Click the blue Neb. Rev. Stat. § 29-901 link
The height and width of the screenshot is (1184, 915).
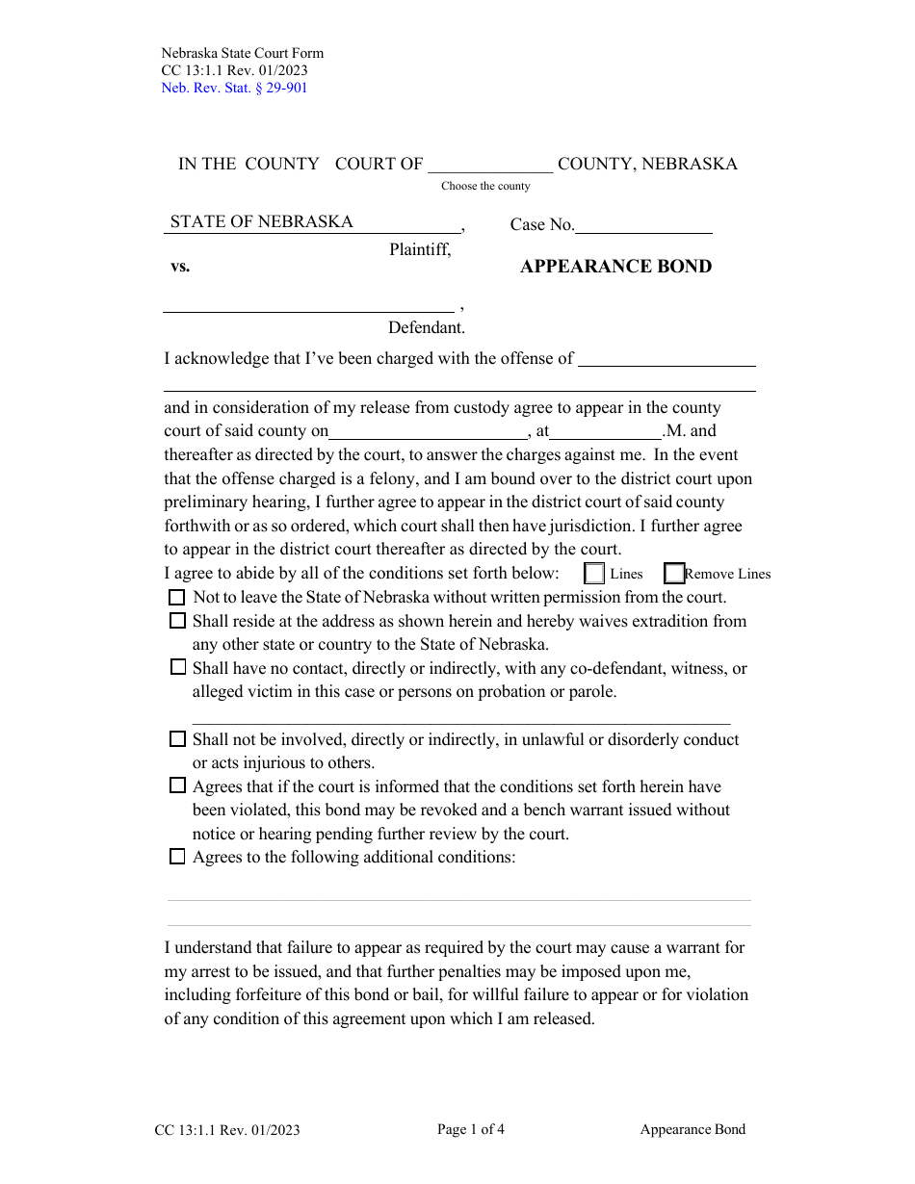point(234,89)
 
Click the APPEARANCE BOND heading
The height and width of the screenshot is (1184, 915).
point(615,267)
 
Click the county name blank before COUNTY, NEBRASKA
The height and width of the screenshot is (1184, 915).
point(491,164)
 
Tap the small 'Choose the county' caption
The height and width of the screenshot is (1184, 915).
point(485,186)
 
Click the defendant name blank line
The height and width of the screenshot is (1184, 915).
point(308,304)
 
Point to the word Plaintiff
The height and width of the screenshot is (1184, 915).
point(420,249)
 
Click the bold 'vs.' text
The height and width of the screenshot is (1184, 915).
point(180,267)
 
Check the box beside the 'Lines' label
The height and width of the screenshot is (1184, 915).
point(595,574)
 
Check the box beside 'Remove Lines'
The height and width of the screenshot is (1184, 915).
point(674,574)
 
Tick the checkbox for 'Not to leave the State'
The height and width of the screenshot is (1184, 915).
point(177,597)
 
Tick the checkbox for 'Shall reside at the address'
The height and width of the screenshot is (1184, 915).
point(177,621)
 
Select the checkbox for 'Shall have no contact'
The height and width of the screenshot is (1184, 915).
point(177,667)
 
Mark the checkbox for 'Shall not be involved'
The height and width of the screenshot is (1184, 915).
point(177,739)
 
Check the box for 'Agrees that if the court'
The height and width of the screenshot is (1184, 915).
point(177,785)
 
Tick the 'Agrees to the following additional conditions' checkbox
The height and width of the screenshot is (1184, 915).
point(177,857)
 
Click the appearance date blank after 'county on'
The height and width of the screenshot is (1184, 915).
point(429,432)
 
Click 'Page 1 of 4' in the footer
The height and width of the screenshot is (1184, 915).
point(470,1130)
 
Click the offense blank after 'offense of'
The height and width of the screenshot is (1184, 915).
point(666,359)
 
